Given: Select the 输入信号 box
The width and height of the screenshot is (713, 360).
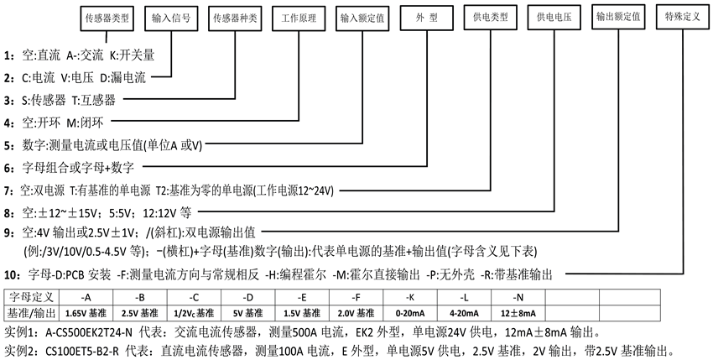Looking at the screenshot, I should pos(171,17).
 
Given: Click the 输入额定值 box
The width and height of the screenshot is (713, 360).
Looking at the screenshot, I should pos(362,17).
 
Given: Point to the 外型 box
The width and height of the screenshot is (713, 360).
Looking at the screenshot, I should pos(425,17).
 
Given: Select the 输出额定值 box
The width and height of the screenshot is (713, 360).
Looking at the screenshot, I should pos(618,17).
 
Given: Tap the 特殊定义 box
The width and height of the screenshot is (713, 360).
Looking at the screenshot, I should pos(682,17).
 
